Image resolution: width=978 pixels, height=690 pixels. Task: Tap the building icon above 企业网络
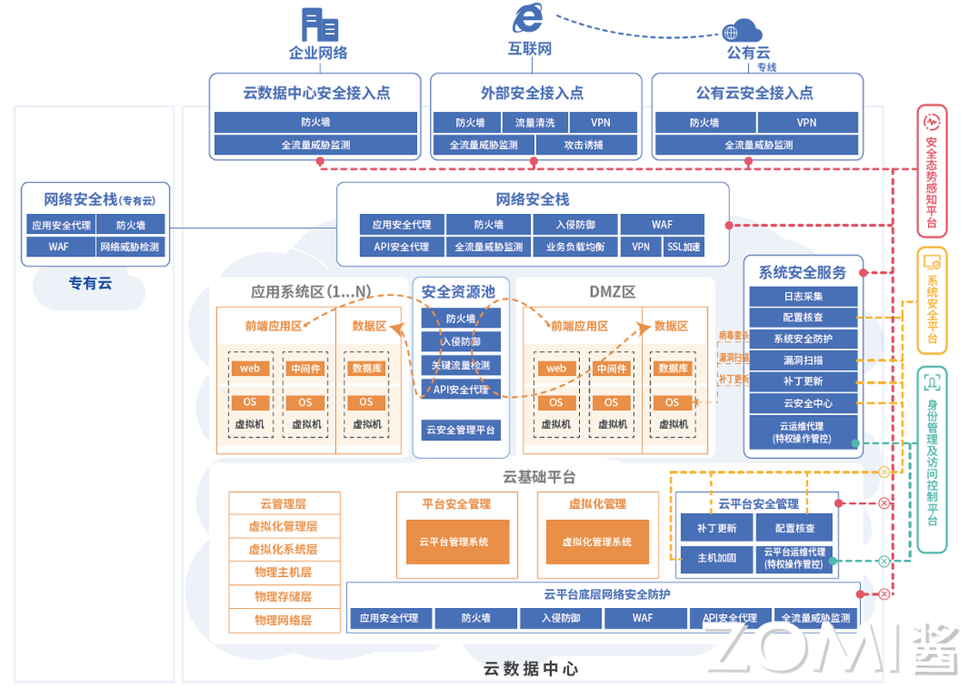tap(319, 24)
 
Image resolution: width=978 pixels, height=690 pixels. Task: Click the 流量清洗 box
tap(534, 122)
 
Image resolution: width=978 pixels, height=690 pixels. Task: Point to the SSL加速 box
tap(683, 247)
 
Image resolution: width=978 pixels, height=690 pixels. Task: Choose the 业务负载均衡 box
tap(575, 247)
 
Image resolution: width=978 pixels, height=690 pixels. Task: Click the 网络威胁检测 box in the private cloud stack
tap(129, 247)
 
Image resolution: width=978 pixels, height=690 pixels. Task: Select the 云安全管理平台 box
tap(461, 430)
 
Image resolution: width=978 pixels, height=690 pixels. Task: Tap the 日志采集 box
tap(803, 296)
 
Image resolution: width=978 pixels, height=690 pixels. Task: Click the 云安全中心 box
tap(803, 403)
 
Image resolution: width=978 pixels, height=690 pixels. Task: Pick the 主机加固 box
tap(717, 558)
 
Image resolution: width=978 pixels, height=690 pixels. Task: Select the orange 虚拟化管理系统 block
tap(596, 542)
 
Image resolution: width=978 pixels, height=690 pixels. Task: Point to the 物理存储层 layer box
tap(283, 597)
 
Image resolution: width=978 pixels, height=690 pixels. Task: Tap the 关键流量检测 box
tap(461, 366)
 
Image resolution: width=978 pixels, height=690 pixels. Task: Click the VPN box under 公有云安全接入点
tap(807, 122)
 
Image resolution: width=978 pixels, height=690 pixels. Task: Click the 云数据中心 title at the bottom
tap(530, 668)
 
